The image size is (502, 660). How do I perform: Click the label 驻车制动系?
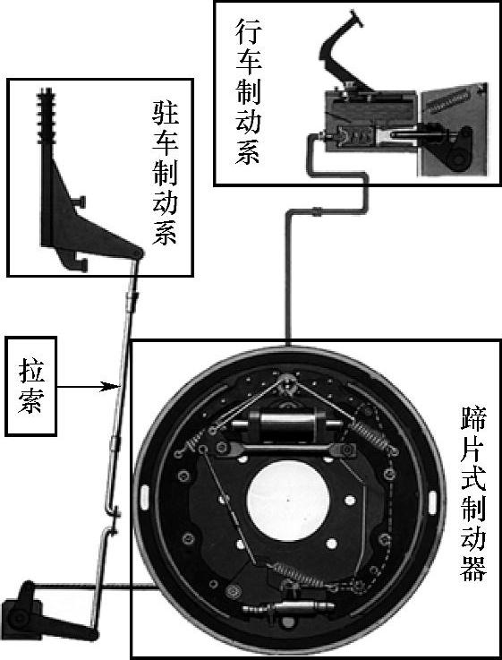coord(166,173)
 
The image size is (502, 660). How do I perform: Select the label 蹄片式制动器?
coord(473,493)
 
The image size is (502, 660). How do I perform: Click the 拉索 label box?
coord(30,386)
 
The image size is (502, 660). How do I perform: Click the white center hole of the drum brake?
coord(288,500)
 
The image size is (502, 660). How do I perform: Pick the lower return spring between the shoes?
coord(295,573)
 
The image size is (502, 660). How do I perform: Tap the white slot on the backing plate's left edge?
coord(145,497)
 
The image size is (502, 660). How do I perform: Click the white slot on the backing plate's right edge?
coord(432,501)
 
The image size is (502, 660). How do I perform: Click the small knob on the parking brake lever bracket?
coord(80,201)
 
